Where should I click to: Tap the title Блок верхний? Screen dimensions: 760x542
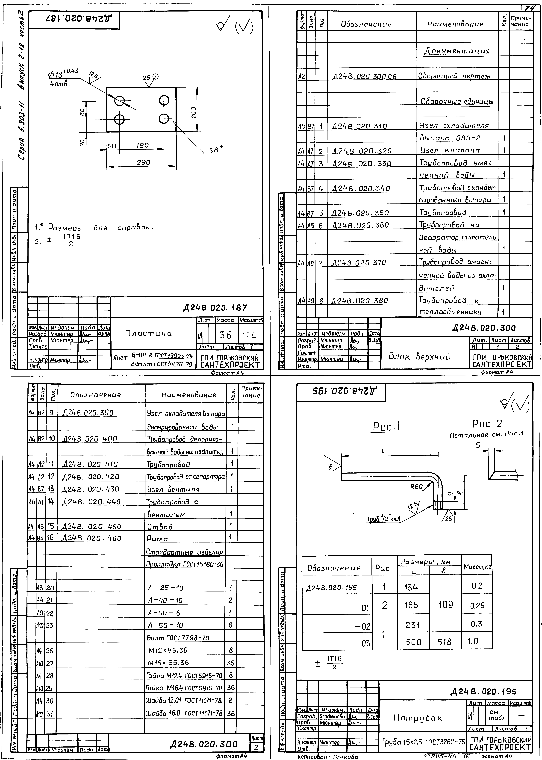coord(420,356)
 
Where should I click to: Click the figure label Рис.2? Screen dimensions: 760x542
coord(487,424)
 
